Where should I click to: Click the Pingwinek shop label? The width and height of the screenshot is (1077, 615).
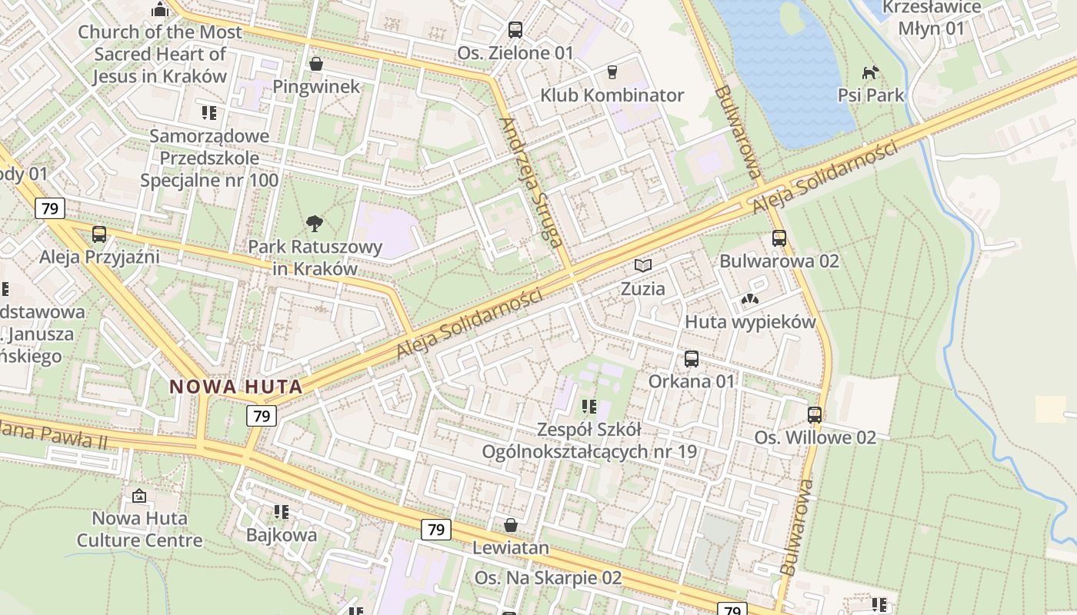tap(316, 86)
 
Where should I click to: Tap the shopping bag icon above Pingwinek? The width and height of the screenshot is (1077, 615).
tap(315, 63)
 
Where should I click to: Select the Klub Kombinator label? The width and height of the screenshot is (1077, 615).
tap(612, 95)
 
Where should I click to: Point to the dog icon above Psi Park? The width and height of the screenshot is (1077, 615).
tap(870, 72)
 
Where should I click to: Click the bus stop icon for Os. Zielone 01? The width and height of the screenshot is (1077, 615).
tap(515, 30)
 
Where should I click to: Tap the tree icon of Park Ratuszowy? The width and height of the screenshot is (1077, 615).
tap(314, 224)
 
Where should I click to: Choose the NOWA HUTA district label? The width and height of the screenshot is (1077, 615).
tap(236, 387)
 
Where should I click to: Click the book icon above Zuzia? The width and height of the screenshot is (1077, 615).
tap(643, 266)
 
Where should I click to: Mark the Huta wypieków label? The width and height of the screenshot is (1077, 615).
tap(750, 322)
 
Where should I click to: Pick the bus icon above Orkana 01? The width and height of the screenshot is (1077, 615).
tap(692, 358)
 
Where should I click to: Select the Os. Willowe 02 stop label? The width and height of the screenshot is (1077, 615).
tap(815, 437)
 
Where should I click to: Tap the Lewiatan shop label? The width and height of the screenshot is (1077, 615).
tap(511, 548)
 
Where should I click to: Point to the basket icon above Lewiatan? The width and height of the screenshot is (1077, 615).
tap(510, 525)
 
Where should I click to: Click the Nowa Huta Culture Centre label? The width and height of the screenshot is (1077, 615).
tap(139, 529)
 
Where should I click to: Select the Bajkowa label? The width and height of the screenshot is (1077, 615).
tap(282, 535)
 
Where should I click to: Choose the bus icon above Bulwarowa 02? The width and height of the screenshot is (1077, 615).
tap(779, 238)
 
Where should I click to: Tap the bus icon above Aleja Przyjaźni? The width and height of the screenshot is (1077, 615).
tap(99, 234)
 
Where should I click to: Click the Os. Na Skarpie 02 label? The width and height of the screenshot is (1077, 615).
tap(548, 577)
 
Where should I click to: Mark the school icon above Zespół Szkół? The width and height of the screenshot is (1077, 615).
tap(589, 406)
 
